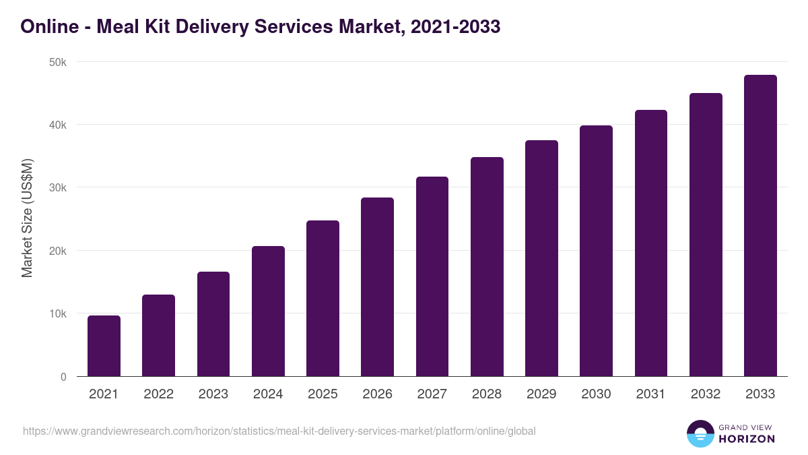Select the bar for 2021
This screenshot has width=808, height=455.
pyautogui.click(x=104, y=346)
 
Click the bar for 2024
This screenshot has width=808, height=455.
pyautogui.click(x=268, y=311)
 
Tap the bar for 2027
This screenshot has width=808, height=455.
pyautogui.click(x=432, y=276)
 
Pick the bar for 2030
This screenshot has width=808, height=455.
pyautogui.click(x=596, y=251)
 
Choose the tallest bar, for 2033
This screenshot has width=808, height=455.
pyautogui.click(x=760, y=226)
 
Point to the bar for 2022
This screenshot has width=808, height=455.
pyautogui.click(x=158, y=336)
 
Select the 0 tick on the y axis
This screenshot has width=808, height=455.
pyautogui.click(x=63, y=377)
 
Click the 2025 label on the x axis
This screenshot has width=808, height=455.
pyautogui.click(x=323, y=394)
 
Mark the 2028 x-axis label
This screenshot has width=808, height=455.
pyautogui.click(x=487, y=394)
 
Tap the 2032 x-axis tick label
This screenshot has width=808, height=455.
pyautogui.click(x=706, y=394)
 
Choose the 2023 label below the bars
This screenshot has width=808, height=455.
pyautogui.click(x=213, y=394)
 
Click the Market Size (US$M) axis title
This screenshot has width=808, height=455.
pyautogui.click(x=27, y=218)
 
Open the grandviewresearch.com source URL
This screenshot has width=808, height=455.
pyautogui.click(x=279, y=431)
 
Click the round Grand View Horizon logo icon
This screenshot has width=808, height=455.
pyautogui.click(x=700, y=433)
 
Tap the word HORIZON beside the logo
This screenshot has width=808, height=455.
pyautogui.click(x=746, y=439)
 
